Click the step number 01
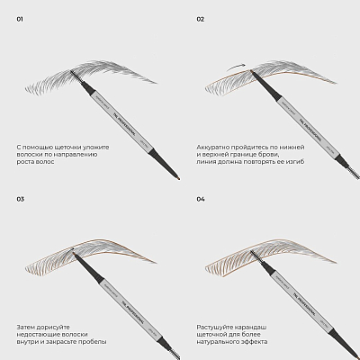(x=20, y=19)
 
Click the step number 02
(x=200, y=19)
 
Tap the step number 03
(x=20, y=199)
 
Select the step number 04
(x=201, y=199)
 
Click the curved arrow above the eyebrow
(x=236, y=67)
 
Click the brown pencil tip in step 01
(x=178, y=178)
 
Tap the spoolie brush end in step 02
(x=354, y=172)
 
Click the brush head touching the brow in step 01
(x=76, y=76)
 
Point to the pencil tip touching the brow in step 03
(x=75, y=254)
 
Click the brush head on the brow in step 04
(x=256, y=256)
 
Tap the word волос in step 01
(x=47, y=162)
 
